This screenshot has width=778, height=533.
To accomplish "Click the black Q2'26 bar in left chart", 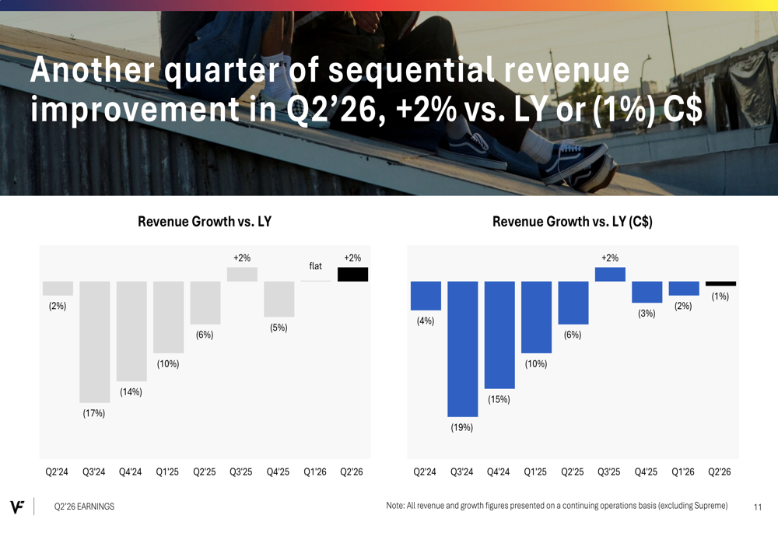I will click(352, 274).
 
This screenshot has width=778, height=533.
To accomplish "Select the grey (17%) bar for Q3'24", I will click(94, 342).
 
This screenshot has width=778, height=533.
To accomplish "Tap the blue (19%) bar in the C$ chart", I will click(462, 349).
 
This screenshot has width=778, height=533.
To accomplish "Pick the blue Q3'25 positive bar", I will click(610, 274).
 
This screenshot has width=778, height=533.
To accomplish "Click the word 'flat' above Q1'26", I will click(315, 266).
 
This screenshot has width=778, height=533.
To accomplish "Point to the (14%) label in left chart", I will click(131, 392).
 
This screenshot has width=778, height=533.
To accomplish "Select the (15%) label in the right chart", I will click(499, 400).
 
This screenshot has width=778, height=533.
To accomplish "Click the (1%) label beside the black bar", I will click(720, 296).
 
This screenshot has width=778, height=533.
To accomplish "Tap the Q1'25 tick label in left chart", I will click(168, 472).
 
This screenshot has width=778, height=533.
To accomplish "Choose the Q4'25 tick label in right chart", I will click(646, 472).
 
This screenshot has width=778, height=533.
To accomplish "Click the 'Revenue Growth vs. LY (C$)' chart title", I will click(572, 222).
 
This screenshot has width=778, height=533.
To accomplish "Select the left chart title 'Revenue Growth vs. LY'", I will click(205, 222).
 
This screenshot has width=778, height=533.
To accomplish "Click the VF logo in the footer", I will click(18, 507).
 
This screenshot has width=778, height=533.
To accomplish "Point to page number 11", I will click(758, 507).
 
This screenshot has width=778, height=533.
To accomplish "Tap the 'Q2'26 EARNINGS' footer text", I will click(84, 507).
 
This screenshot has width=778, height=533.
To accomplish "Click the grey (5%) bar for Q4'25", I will click(279, 299).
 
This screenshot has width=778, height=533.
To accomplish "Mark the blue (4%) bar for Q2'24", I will click(426, 296).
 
